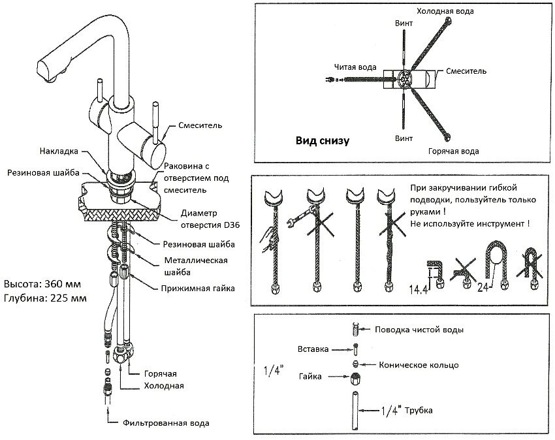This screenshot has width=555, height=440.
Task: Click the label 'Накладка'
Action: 58,150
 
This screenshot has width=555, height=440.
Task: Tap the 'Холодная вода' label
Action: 445,12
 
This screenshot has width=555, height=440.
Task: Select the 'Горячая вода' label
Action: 453,151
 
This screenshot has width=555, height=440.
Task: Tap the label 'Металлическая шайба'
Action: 195,266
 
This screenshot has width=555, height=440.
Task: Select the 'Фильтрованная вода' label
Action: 166,423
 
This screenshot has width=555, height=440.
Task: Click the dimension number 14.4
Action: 419,288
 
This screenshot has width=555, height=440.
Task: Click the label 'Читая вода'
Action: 353,66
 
